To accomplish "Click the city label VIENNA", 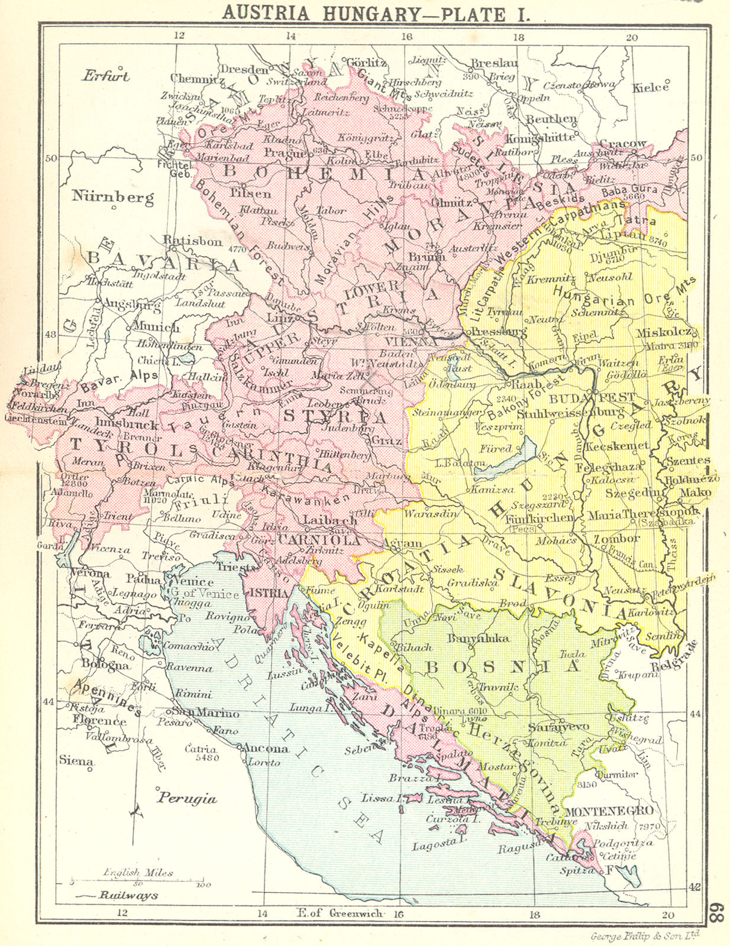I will point(406,342).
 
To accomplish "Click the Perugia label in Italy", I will point(187,798).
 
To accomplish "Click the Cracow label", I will point(623,144).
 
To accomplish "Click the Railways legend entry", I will point(128,895).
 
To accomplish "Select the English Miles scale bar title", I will point(138,872).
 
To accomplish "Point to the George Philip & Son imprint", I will point(645,936).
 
